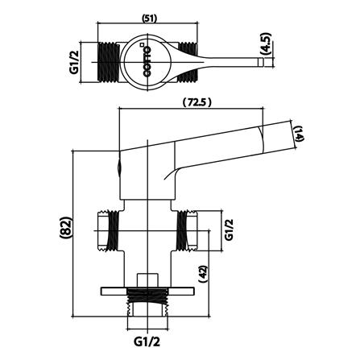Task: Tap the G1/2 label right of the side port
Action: (228, 231)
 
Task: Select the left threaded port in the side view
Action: (107, 230)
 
